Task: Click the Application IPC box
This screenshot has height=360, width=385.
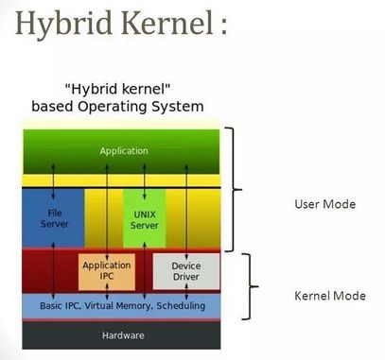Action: click(x=106, y=271)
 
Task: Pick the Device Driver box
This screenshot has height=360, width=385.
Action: click(x=186, y=272)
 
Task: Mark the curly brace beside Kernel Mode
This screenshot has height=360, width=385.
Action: click(x=250, y=285)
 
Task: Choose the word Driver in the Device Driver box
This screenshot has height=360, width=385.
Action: click(x=186, y=279)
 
